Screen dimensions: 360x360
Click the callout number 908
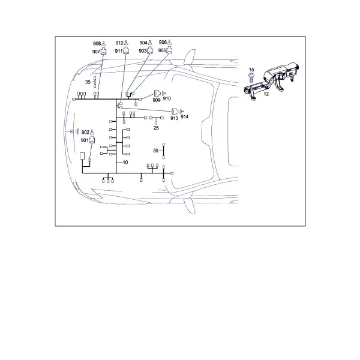click(x=97, y=44)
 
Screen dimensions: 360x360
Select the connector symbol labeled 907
click(x=104, y=52)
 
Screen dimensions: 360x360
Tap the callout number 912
click(x=119, y=43)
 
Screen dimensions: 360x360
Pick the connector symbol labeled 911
click(x=126, y=50)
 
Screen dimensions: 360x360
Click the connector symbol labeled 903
click(x=150, y=50)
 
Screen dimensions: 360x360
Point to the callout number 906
click(x=163, y=42)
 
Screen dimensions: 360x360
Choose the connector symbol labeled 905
click(x=169, y=50)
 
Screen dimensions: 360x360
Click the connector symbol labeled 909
click(x=157, y=93)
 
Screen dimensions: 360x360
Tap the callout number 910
click(x=167, y=98)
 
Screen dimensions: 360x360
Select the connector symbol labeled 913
click(x=175, y=112)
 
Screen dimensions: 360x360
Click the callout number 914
click(x=185, y=116)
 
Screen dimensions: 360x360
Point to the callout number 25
click(x=156, y=128)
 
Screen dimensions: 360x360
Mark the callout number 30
click(x=155, y=151)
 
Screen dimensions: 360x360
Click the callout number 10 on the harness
click(x=125, y=163)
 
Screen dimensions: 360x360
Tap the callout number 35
click(x=88, y=82)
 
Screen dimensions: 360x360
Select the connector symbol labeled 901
click(x=92, y=140)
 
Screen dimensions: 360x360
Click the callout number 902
click(x=85, y=133)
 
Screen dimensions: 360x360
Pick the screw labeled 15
click(x=251, y=77)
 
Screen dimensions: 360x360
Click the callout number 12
click(x=266, y=94)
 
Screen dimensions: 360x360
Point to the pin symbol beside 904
click(x=150, y=43)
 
